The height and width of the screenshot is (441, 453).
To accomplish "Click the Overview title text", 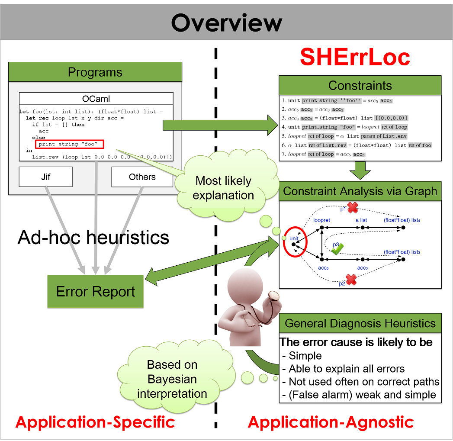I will pos(226,23).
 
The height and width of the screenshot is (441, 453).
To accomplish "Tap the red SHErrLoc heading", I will pos(355,57).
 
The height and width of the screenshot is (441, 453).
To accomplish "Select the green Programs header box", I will pos(95,72).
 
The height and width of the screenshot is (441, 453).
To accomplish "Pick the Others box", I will pos(142,177).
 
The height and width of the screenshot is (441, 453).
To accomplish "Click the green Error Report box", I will pos(96,291).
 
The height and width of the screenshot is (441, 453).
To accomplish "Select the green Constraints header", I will pos(360,85).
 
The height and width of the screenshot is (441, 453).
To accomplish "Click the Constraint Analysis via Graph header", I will pos(360,191).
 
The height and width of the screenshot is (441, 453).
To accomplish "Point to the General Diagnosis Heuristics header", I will pos(360,323).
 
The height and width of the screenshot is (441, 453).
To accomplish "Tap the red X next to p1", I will pos(353,208).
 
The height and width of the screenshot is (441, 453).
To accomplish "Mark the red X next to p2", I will pos(351,280).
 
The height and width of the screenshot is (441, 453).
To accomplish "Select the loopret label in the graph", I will pos(321,220).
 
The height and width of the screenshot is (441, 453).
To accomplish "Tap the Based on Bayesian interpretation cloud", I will pos(172,379).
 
